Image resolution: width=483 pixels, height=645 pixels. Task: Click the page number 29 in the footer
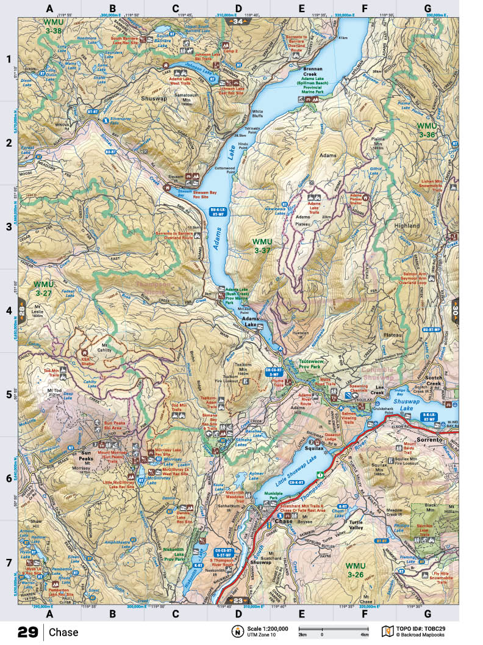pos(28,632)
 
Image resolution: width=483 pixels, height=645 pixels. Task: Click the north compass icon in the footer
pos(236,631)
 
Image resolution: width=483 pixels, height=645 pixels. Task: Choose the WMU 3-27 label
pos(45,289)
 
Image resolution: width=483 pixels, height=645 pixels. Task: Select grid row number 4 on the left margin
pos(9,311)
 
